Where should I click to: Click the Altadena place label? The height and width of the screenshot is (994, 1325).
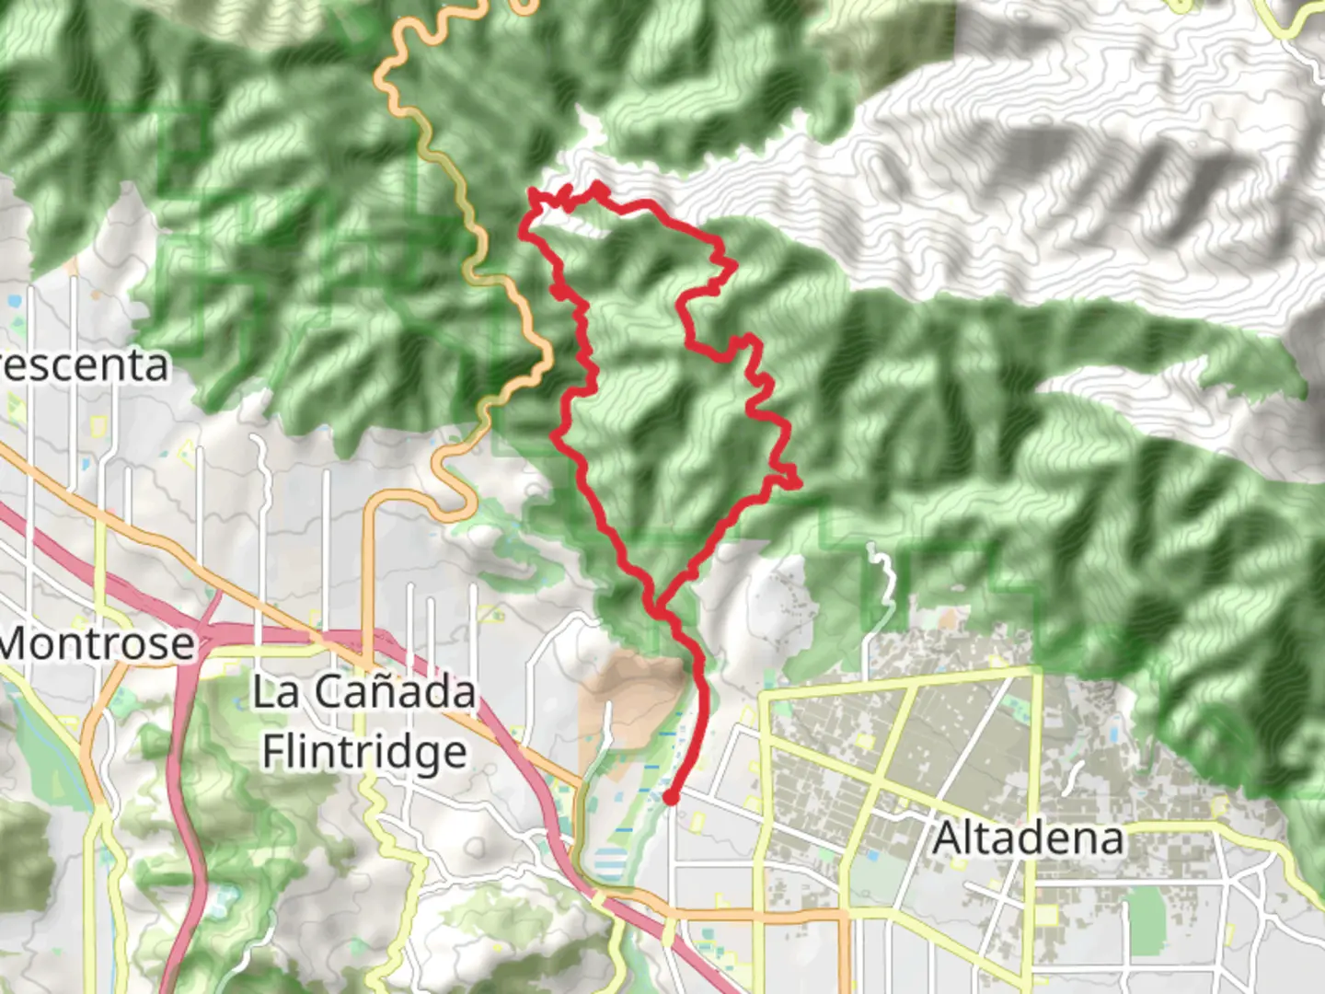coord(1028,838)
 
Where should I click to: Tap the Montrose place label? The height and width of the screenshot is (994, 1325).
coord(98,642)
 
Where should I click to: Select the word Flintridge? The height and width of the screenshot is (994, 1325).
coord(364,752)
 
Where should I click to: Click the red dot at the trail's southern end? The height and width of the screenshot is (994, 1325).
coord(672,798)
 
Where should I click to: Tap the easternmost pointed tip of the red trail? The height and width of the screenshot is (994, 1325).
coord(799,482)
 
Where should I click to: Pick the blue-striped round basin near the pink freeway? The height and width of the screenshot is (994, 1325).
coord(607,865)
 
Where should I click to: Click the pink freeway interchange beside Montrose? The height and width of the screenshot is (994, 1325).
coord(207,635)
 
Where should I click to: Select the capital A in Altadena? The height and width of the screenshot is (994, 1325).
coord(948,838)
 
